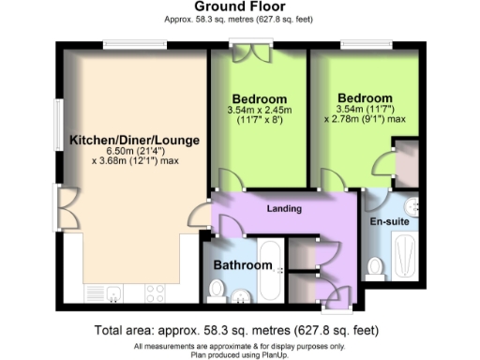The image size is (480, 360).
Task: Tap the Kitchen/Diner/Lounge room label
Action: coord(134,141)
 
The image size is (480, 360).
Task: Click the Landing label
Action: coord(283,207)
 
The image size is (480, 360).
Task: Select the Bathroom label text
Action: coord(242,265)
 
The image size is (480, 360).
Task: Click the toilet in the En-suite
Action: coord(375,268)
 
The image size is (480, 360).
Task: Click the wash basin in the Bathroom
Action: coord(241,298)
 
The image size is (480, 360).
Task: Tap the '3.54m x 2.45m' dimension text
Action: coord(259,111)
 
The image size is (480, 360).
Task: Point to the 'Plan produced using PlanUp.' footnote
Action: coord(239,353)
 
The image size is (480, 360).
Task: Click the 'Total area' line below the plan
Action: coord(239,330)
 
